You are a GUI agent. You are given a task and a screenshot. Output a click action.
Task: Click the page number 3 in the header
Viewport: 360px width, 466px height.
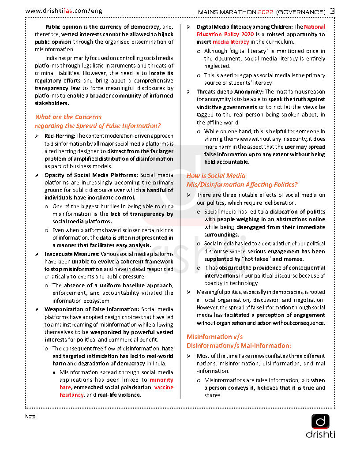333,11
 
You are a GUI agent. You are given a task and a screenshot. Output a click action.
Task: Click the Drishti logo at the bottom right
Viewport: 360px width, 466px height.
320,426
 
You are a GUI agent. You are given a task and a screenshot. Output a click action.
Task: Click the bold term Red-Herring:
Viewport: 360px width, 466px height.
60,136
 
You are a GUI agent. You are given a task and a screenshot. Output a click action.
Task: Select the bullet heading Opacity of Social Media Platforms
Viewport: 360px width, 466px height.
91,175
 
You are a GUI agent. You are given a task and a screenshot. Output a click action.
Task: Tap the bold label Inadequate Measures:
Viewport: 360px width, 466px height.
72,254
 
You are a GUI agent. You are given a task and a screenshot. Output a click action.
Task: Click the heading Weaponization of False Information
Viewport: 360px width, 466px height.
91,309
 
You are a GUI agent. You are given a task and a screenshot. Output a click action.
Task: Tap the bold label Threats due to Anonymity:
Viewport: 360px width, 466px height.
230,92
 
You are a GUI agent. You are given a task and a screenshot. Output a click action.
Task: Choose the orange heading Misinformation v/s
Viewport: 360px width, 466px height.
214,337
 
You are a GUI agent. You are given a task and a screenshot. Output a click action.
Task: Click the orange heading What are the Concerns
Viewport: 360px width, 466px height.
68,117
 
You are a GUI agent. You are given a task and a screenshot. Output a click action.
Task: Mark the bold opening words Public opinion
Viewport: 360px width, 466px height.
64,27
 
